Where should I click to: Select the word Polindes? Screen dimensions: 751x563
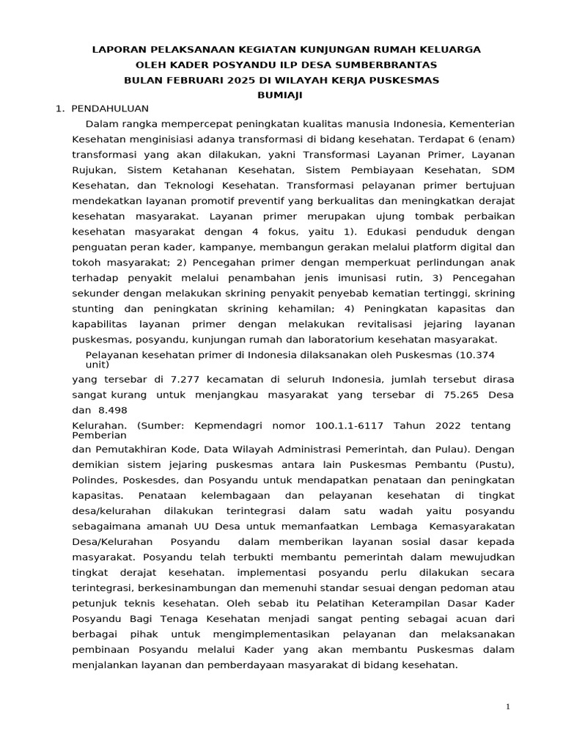(94, 480)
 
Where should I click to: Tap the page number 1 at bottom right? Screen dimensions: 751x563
(507, 706)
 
